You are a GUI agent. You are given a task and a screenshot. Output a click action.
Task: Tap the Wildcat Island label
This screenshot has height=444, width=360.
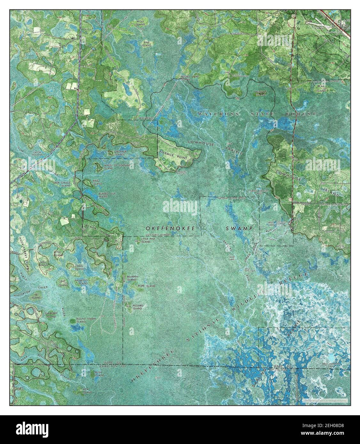261,93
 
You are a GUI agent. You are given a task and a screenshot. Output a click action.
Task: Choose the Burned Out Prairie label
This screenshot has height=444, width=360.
107,195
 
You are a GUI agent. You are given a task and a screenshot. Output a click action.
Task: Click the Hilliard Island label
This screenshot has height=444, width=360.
137,307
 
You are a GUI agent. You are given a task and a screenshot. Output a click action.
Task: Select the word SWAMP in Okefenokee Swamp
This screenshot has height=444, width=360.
239,229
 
